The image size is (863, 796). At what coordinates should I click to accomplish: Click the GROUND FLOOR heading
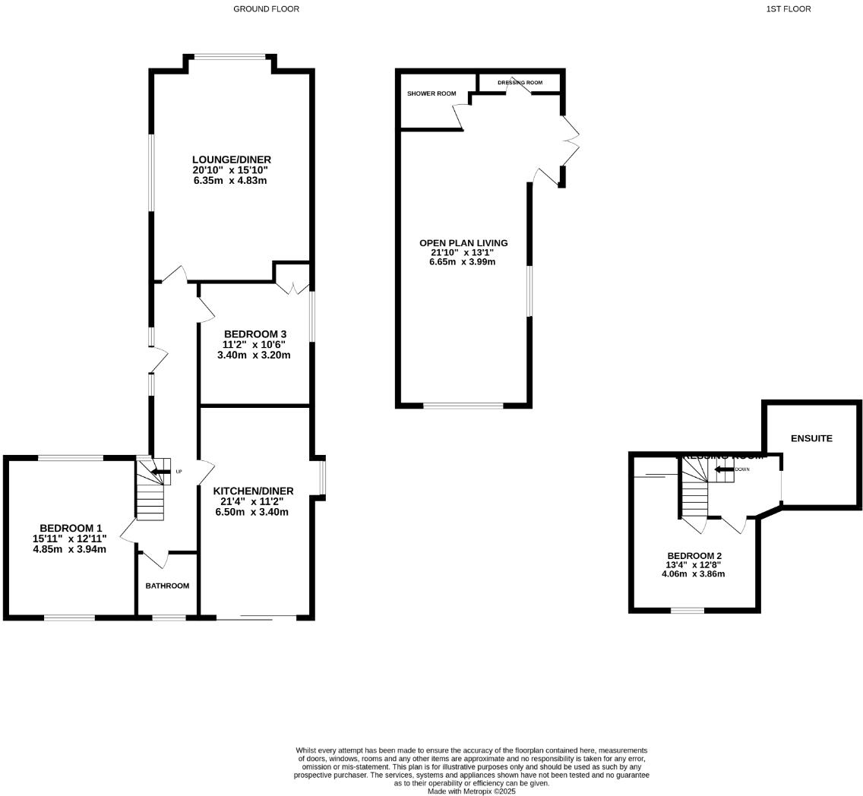tap(266, 9)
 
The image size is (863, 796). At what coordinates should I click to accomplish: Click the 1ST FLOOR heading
tap(788, 9)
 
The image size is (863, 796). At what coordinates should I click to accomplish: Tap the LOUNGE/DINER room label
tap(231, 160)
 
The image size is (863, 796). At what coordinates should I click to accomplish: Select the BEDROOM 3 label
tap(254, 334)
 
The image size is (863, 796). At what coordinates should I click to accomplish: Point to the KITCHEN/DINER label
tap(253, 491)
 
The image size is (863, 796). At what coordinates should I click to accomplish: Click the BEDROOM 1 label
tap(71, 528)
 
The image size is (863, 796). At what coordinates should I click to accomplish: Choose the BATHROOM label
tap(167, 586)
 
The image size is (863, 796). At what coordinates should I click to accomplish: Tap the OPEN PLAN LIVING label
tap(463, 243)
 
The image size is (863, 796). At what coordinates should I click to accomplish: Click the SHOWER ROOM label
tap(431, 93)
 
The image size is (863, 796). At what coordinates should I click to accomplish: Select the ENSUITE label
tap(811, 438)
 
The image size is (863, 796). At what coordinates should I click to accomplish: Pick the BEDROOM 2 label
tap(694, 556)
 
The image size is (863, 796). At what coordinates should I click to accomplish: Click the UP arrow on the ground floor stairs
tap(160, 472)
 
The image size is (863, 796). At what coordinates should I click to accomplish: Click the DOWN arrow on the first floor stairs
tap(723, 469)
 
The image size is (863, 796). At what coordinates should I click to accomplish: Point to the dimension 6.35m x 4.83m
tap(229, 181)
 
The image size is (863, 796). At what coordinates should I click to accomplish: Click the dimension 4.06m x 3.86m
tap(693, 574)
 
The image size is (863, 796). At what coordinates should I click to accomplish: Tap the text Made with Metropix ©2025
tap(471, 791)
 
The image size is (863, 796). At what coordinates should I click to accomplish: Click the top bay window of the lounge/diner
tap(229, 56)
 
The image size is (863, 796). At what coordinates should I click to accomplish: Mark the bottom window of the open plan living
tap(463, 406)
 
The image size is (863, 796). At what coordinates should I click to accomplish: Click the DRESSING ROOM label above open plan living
tap(520, 83)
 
